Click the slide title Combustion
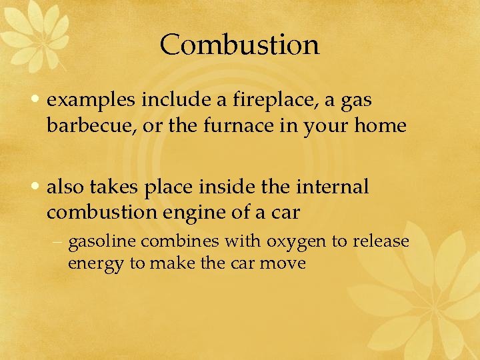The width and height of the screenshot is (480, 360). pyautogui.click(x=240, y=45)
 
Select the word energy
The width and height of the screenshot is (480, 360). pyautogui.click(x=96, y=263)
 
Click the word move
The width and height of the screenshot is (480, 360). pyautogui.click(x=283, y=263)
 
